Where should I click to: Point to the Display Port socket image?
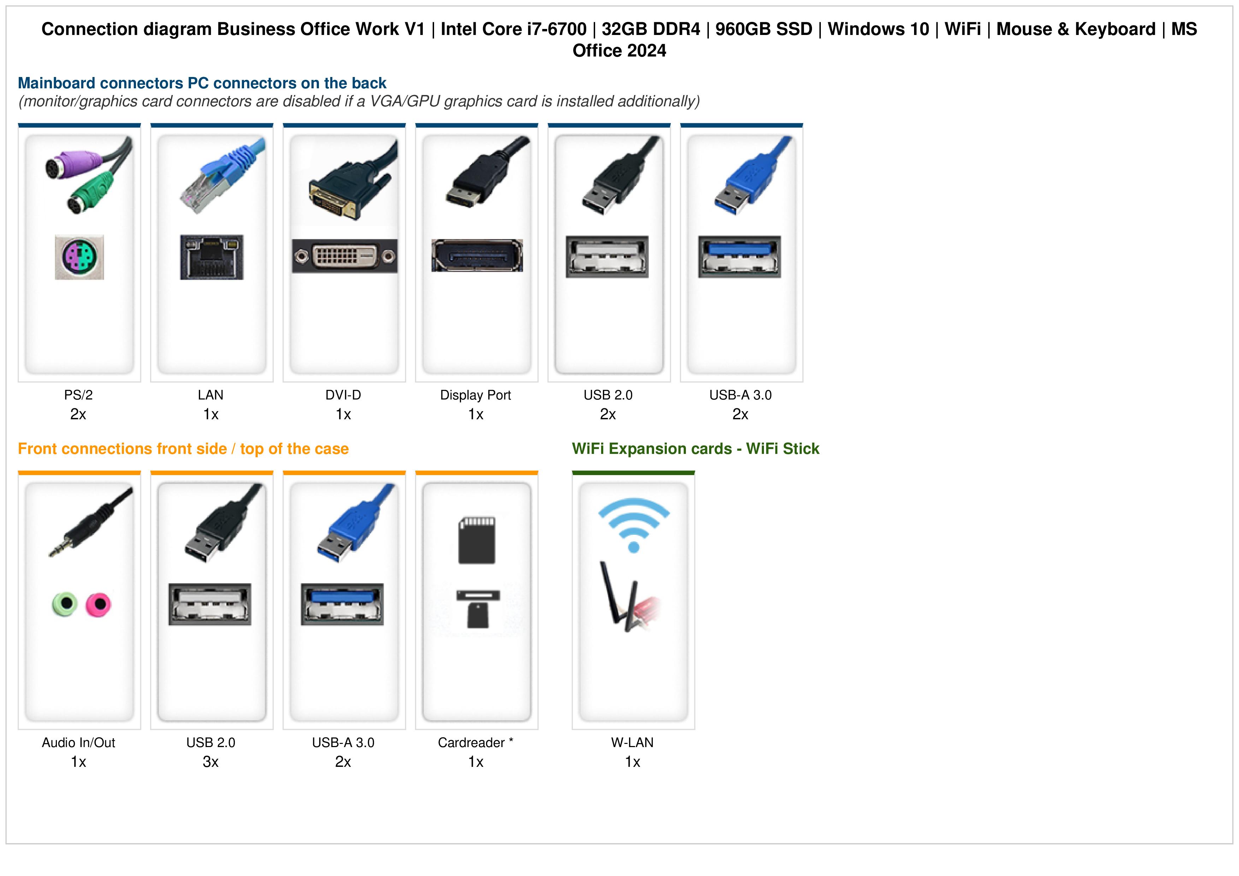(477, 255)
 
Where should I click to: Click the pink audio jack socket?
(99, 604)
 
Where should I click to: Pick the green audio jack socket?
(65, 604)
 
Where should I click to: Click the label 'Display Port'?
(475, 395)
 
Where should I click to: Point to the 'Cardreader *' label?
(475, 743)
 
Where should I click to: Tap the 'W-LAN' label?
(633, 743)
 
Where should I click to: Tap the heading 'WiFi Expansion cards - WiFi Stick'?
(695, 449)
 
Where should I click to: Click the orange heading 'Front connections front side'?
(123, 449)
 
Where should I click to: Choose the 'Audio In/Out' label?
(78, 743)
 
